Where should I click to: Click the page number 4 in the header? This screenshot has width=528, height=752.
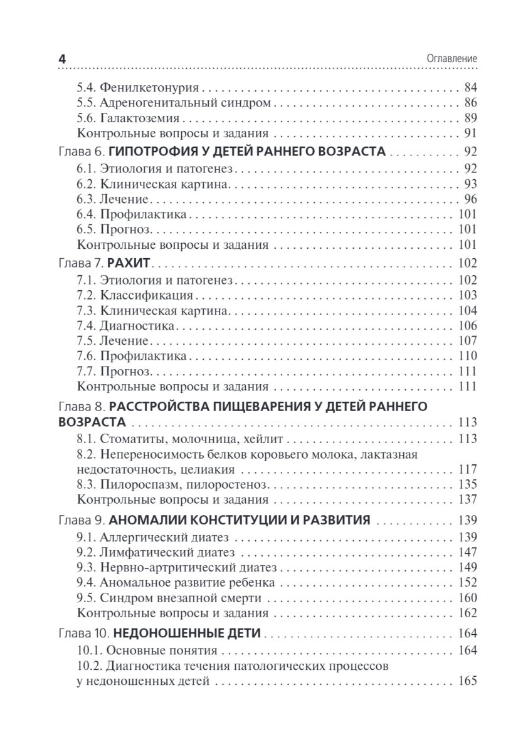click(62, 58)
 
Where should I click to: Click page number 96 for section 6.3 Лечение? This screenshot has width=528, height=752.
click(470, 199)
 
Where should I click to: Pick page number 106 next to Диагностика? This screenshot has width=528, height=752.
click(468, 325)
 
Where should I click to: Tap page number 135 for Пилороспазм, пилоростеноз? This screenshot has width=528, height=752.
click(468, 484)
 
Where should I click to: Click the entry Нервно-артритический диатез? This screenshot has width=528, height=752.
click(188, 567)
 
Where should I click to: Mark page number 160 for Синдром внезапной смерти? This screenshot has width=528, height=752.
click(468, 598)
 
